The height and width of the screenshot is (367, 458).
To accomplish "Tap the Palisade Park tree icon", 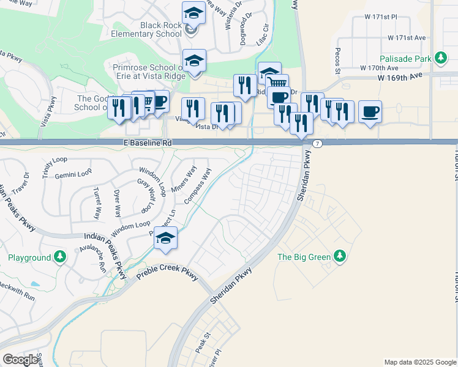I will click(x=440, y=59).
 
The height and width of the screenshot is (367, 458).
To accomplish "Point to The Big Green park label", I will click(x=304, y=257).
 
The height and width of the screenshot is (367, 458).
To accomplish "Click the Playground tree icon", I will click(x=59, y=258).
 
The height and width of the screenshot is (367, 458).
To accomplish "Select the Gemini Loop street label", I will click(x=73, y=175).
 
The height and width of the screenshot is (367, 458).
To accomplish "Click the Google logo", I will click(x=21, y=359).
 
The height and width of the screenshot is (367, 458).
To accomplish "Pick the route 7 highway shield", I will click(x=317, y=143).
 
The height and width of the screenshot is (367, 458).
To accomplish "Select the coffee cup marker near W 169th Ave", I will click(x=370, y=113).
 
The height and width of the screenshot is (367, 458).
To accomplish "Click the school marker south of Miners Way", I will click(x=165, y=239).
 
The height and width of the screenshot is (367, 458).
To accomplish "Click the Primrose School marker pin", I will click(x=194, y=62).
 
